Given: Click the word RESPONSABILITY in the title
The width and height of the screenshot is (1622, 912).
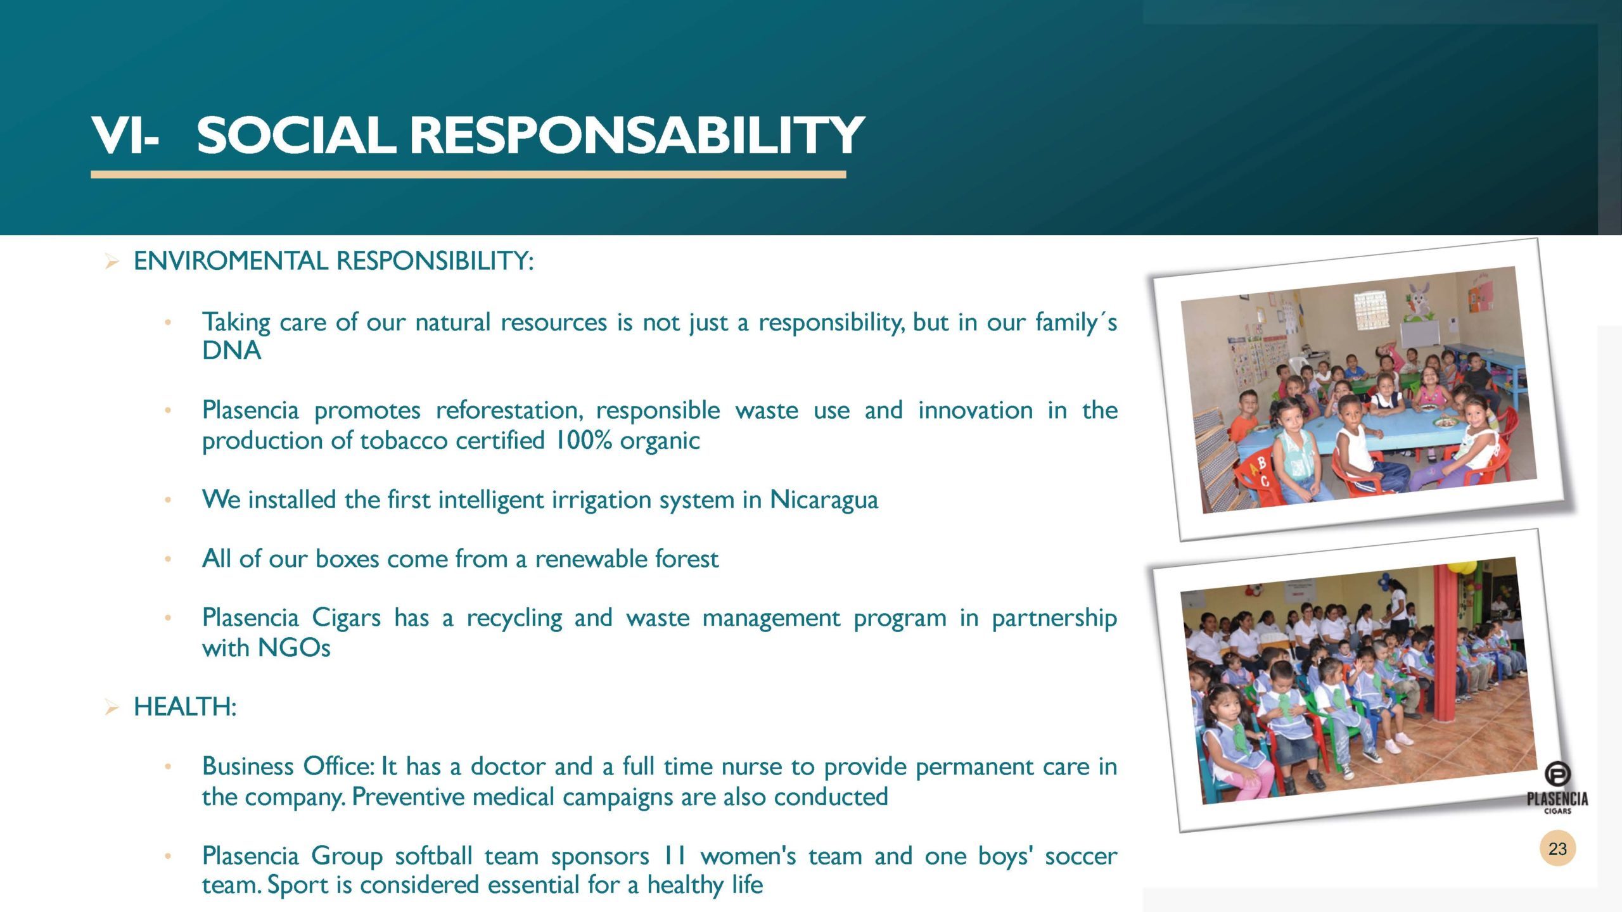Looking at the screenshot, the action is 637,135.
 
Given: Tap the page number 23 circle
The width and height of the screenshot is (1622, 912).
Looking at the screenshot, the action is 1557,849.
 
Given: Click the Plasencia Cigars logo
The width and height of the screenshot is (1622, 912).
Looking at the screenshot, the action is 1557,788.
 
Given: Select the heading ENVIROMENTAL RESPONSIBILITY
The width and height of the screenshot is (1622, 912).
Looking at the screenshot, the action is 334,261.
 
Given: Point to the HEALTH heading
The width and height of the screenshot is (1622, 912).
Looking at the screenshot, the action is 185,707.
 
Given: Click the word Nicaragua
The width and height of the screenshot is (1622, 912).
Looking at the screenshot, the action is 824,500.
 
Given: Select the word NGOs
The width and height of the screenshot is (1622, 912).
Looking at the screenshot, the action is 294,648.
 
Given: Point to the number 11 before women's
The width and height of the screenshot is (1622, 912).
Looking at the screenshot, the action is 675,856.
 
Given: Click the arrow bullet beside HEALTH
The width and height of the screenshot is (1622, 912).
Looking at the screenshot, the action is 112,707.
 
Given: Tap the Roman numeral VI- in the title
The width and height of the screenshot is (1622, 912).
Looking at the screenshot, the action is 125,135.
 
